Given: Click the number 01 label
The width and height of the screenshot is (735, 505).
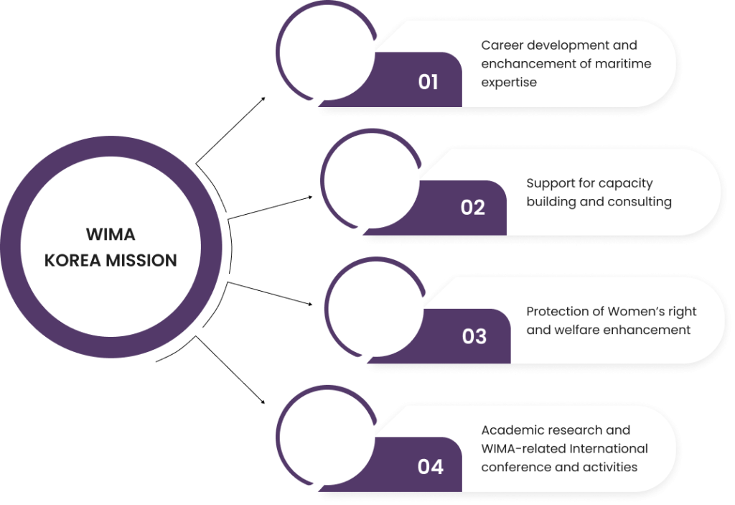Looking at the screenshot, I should pyautogui.click(x=428, y=82).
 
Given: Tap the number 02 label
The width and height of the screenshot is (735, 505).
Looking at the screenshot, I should pyautogui.click(x=473, y=208).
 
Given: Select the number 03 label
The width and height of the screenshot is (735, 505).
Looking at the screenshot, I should pyautogui.click(x=474, y=336).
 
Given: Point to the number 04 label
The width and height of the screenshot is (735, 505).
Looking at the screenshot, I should pyautogui.click(x=431, y=467).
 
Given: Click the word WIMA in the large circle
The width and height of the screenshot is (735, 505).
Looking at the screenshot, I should pyautogui.click(x=111, y=235).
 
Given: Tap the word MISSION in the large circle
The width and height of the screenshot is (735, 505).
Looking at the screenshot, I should pyautogui.click(x=141, y=260).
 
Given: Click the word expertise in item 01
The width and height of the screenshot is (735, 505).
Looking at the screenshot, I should pyautogui.click(x=509, y=82).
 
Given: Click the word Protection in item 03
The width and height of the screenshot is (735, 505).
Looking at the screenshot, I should pyautogui.click(x=564, y=311).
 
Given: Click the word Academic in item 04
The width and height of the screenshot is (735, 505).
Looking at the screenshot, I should pyautogui.click(x=512, y=430).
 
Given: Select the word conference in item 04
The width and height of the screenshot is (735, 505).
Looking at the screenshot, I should pyautogui.click(x=512, y=467).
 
